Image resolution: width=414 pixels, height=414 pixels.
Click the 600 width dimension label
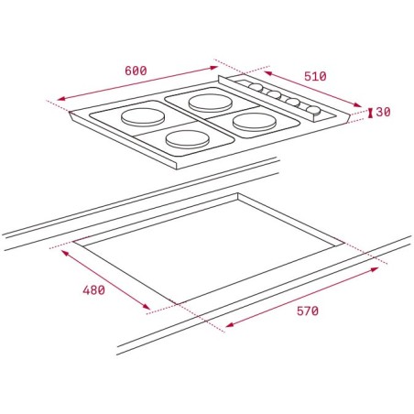(x=136, y=71)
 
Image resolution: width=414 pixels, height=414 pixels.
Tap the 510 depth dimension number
(x=315, y=76)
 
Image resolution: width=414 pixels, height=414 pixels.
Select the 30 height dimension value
(x=383, y=112)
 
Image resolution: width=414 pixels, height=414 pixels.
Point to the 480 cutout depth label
(x=93, y=290)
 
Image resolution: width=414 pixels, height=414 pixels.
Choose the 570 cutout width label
(x=308, y=311)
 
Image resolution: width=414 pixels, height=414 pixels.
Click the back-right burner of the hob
(x=211, y=103)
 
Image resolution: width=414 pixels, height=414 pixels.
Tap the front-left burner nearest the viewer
(x=188, y=139)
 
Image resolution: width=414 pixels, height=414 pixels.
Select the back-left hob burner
(x=143, y=117)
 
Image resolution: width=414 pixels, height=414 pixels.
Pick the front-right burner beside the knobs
(x=255, y=122)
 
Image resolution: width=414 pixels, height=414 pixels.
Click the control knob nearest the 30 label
(x=313, y=110)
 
